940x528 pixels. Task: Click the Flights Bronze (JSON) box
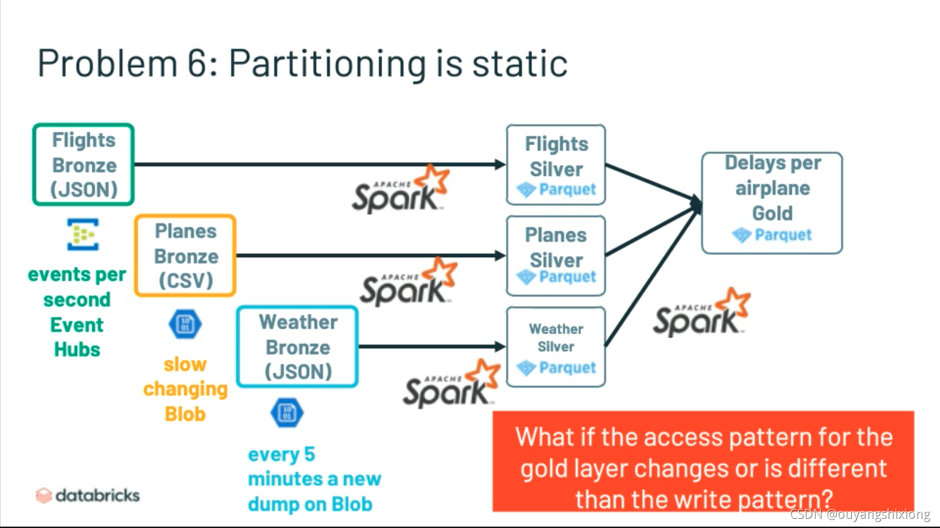click(x=84, y=164)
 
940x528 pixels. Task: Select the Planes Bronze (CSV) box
click(x=185, y=256)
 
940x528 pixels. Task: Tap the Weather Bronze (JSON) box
click(x=298, y=347)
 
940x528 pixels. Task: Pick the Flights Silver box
click(x=556, y=164)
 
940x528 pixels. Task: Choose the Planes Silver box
click(x=556, y=255)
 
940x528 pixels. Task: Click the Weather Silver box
click(x=556, y=347)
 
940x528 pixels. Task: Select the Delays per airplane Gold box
click(x=772, y=202)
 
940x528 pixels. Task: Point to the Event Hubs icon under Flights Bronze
click(x=83, y=235)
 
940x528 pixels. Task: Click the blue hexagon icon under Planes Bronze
click(x=185, y=324)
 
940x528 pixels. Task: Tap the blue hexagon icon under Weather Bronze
click(x=287, y=412)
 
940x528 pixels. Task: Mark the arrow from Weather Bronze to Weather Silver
click(x=431, y=346)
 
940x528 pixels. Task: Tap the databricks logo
click(x=87, y=495)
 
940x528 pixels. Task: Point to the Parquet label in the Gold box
click(x=783, y=235)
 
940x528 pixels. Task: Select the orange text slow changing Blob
click(x=185, y=389)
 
